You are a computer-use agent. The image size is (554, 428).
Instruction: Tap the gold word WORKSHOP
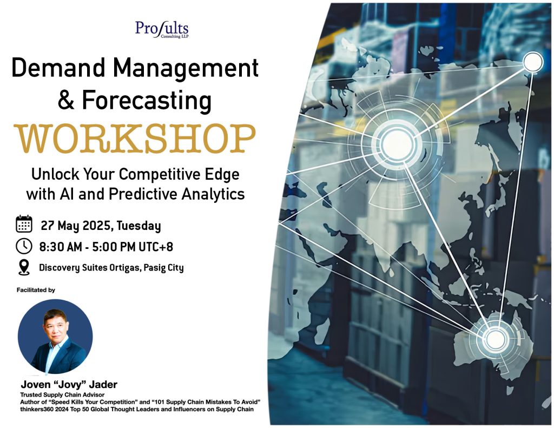(135, 139)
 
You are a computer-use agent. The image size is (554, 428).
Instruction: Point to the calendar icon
(24, 224)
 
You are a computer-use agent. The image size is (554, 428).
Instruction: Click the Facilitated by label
(37, 290)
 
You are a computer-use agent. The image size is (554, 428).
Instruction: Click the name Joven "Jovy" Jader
(69, 385)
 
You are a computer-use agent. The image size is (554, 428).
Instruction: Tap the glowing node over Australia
(494, 339)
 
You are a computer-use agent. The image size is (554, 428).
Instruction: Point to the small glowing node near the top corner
(532, 62)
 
